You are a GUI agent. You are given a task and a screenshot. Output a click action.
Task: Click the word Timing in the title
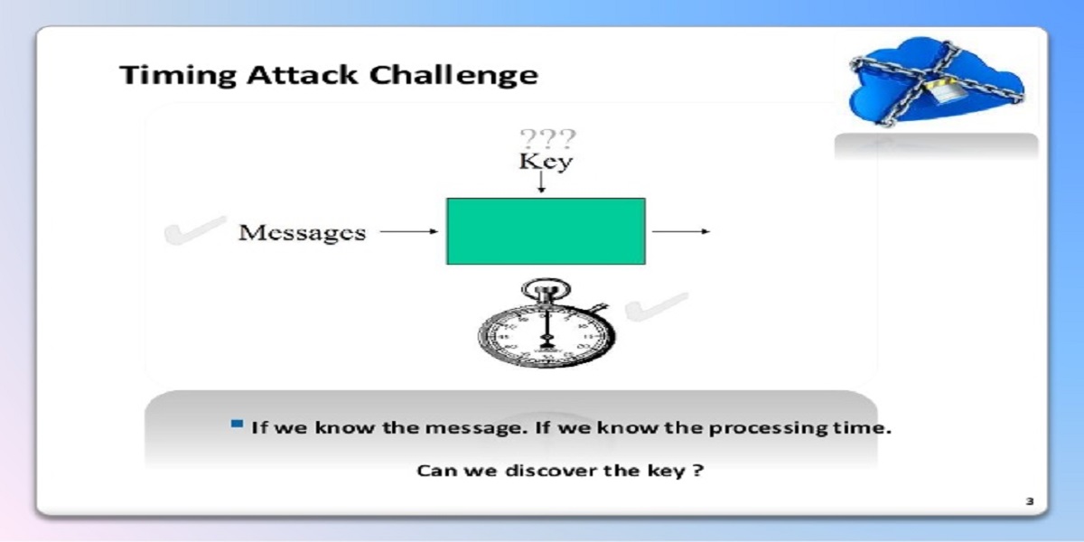pyautogui.click(x=178, y=76)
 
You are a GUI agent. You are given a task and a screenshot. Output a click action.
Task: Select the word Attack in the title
pyautogui.click(x=303, y=75)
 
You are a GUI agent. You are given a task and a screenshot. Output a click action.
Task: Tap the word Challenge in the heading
pyautogui.click(x=453, y=76)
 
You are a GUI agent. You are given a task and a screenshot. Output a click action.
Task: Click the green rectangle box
pyautogui.click(x=546, y=231)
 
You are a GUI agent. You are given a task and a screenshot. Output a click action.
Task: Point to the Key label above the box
pyautogui.click(x=546, y=162)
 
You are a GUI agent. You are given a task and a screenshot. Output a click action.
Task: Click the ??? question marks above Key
pyautogui.click(x=547, y=138)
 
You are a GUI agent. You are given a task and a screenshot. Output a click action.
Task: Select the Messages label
pyautogui.click(x=303, y=233)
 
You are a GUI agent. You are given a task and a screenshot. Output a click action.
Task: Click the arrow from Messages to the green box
pyautogui.click(x=409, y=231)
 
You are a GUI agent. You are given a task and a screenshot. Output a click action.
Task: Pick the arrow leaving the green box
pyautogui.click(x=681, y=231)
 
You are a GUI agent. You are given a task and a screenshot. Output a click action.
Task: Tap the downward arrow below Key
pyautogui.click(x=541, y=182)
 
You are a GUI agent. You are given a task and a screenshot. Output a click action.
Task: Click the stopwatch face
pyautogui.click(x=547, y=335)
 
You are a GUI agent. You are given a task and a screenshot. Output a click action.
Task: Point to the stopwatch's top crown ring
pyautogui.click(x=546, y=289)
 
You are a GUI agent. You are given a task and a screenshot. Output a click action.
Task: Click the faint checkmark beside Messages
pyautogui.click(x=194, y=231)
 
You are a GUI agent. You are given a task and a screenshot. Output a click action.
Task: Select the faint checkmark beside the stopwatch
pyautogui.click(x=656, y=307)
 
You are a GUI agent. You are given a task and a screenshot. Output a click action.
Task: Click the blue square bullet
pyautogui.click(x=237, y=424)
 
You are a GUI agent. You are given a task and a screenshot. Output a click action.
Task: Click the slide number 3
pyautogui.click(x=1030, y=501)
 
